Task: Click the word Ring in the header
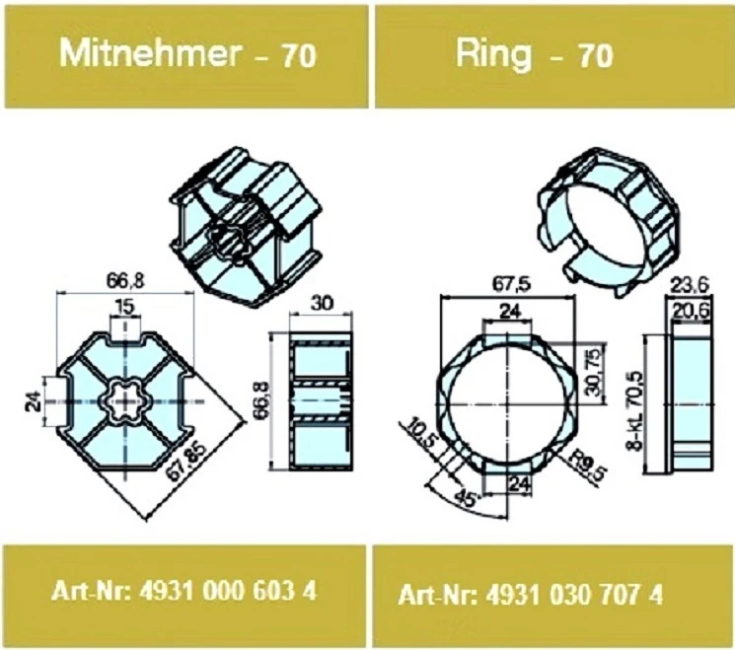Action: [492, 54]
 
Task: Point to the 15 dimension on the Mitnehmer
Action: [123, 309]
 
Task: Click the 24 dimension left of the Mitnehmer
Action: [33, 399]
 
